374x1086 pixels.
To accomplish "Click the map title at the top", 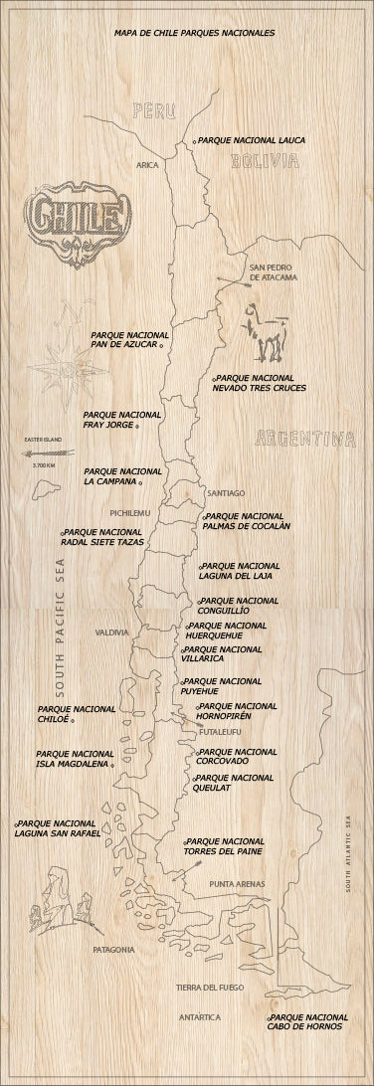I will point(195,33).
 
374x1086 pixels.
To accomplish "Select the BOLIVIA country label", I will point(265,161).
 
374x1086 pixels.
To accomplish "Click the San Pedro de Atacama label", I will point(273,272).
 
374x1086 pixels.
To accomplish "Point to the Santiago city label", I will point(226,492).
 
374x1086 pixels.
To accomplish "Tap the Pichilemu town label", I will point(130,512).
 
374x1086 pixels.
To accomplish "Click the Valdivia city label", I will point(112,633).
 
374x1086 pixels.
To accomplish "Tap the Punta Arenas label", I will point(238,883).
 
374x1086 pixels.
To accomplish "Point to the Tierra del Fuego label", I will point(210,988).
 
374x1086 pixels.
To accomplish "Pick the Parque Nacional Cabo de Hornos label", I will point(308,1021).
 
